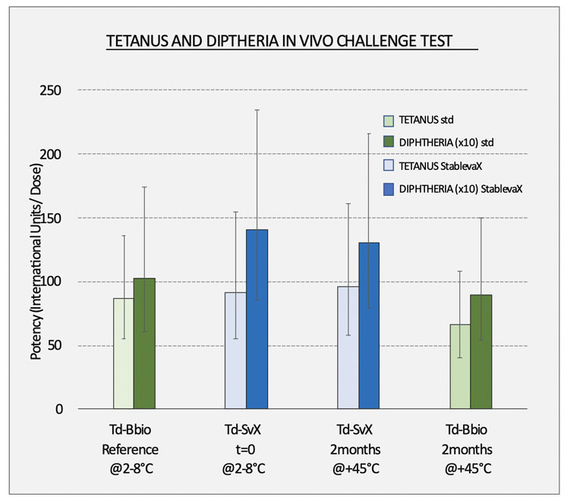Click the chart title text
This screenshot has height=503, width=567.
coord(292,42)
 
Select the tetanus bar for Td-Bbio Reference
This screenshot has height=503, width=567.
coord(124,354)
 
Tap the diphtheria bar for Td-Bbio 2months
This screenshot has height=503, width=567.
coord(480,352)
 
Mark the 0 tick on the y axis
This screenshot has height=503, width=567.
coord(58,410)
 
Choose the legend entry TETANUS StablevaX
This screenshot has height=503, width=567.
coord(437,165)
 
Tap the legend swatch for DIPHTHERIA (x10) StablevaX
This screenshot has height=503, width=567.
coord(388,188)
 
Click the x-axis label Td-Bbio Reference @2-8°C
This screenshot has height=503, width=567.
coord(134,448)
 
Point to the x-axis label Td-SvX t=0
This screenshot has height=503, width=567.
coord(246,448)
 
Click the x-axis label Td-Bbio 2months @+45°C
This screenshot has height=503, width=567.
coord(470,448)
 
